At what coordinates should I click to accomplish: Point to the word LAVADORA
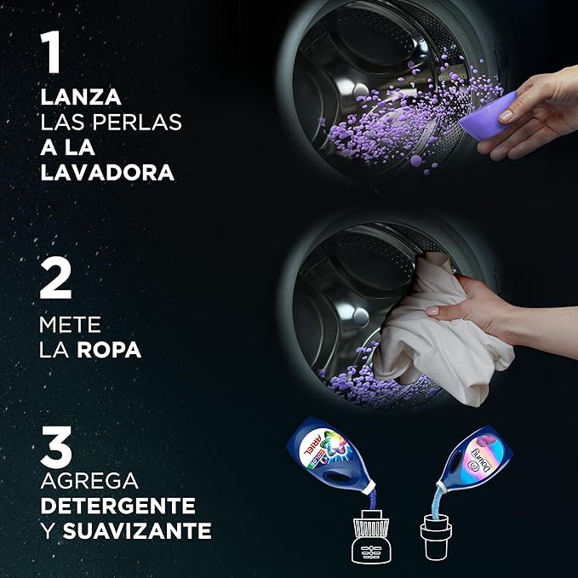(107, 172)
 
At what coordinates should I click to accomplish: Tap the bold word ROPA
(109, 350)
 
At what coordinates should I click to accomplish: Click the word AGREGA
(89, 480)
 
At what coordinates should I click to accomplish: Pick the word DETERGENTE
(117, 506)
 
